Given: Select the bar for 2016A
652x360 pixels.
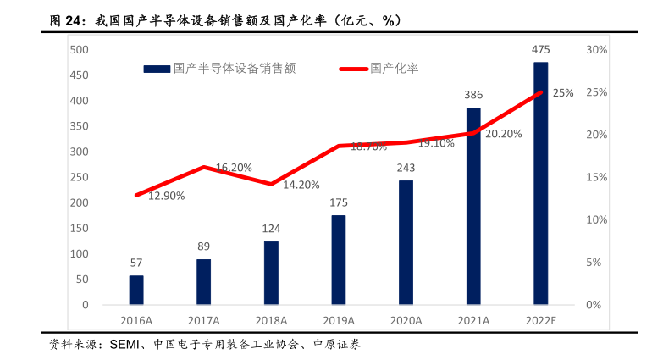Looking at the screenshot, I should click(x=136, y=289).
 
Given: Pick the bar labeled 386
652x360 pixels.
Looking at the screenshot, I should click(x=473, y=205).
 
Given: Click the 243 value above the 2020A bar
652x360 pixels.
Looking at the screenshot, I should click(x=406, y=168).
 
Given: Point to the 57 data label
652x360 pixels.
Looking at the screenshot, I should click(x=136, y=263).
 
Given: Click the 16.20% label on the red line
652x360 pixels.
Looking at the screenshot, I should click(x=234, y=167).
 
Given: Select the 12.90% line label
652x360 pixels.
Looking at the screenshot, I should click(x=167, y=196).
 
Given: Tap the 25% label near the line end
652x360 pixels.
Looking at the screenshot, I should click(x=563, y=94).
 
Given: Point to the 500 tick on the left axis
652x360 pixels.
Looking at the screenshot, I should click(x=79, y=50).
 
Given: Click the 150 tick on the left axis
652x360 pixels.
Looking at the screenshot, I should click(x=79, y=228).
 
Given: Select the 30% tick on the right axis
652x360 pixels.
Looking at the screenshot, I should click(x=596, y=50).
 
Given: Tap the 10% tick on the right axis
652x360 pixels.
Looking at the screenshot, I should click(x=596, y=219).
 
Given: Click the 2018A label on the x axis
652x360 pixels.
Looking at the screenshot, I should click(x=271, y=320).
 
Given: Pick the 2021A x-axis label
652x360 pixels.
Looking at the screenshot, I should click(x=473, y=320).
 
